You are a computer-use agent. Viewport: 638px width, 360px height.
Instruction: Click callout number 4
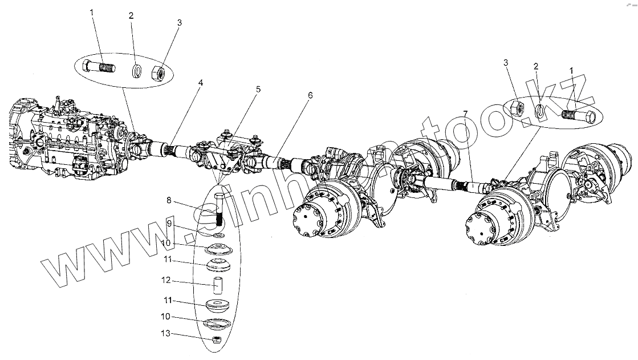[200, 83]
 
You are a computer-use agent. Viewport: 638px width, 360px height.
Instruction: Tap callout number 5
[258, 90]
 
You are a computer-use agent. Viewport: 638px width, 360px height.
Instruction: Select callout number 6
[310, 96]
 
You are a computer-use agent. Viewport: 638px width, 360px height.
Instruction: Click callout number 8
[169, 200]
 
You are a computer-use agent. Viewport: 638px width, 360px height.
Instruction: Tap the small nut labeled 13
[217, 339]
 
